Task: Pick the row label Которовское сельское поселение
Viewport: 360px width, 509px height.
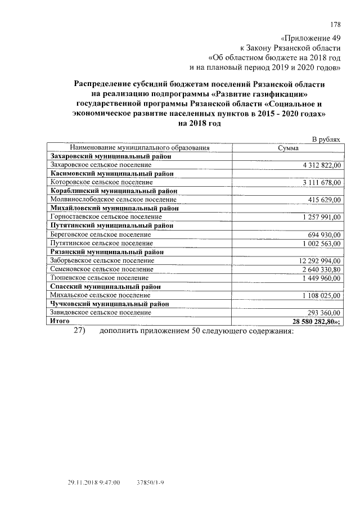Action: point(101,183)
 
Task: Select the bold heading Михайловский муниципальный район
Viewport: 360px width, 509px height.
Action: point(115,209)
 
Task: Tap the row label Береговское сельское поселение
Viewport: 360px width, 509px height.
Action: point(101,235)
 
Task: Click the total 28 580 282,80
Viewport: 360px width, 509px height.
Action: point(317,321)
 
